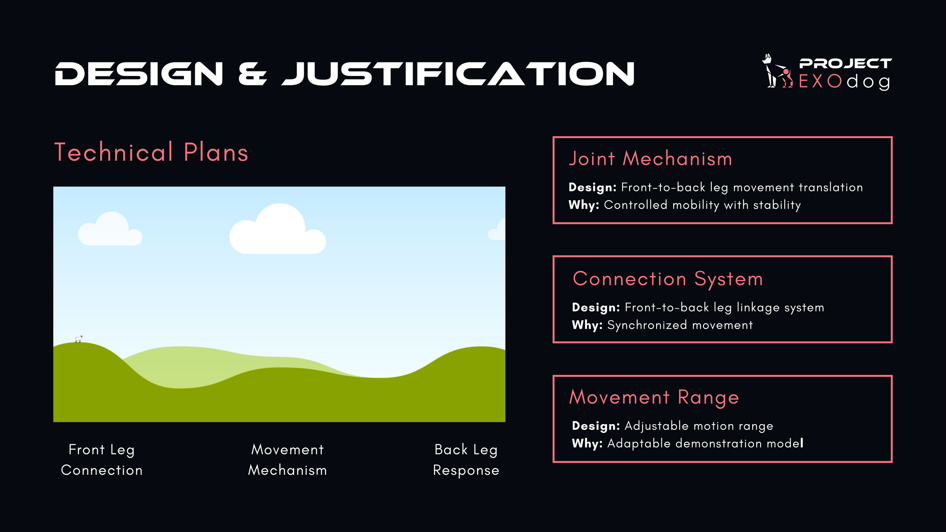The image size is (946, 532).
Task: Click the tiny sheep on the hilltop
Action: [79, 339]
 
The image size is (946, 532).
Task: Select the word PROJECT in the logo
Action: [845, 64]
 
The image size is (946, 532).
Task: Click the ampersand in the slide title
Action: [253, 74]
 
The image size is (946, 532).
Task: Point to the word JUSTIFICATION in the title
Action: [458, 74]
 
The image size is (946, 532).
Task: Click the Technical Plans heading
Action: [151, 152]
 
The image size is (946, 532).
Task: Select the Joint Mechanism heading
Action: [650, 159]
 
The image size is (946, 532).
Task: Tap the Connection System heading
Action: [668, 279]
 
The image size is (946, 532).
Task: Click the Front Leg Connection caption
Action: [102, 460]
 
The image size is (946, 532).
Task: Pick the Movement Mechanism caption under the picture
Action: [288, 460]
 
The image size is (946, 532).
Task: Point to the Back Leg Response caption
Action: [466, 460]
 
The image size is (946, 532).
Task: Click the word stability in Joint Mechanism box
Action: [777, 205]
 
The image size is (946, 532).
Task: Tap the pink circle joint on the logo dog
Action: [786, 72]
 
